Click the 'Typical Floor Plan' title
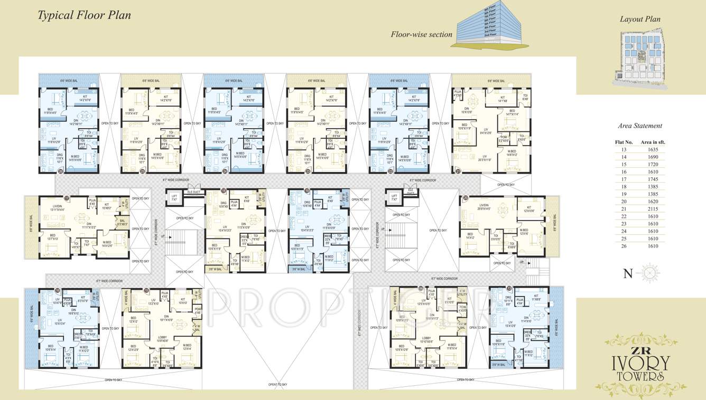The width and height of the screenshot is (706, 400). pyautogui.click(x=84, y=15)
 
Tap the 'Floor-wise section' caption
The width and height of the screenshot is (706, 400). pyautogui.click(x=421, y=34)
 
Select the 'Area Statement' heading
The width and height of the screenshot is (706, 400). pyautogui.click(x=640, y=126)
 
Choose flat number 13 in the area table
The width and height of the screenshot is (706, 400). pyautogui.click(x=624, y=149)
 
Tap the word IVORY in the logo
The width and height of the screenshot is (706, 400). pyautogui.click(x=640, y=363)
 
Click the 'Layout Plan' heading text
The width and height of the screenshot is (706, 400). pyautogui.click(x=640, y=19)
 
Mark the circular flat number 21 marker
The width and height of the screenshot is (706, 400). pyautogui.click(x=458, y=171)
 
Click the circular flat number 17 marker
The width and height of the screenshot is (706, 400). pyautogui.click(x=67, y=198)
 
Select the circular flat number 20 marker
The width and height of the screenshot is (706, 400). pyautogui.click(x=465, y=198)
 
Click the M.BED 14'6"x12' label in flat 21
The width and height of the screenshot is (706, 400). pyautogui.click(x=512, y=153)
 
